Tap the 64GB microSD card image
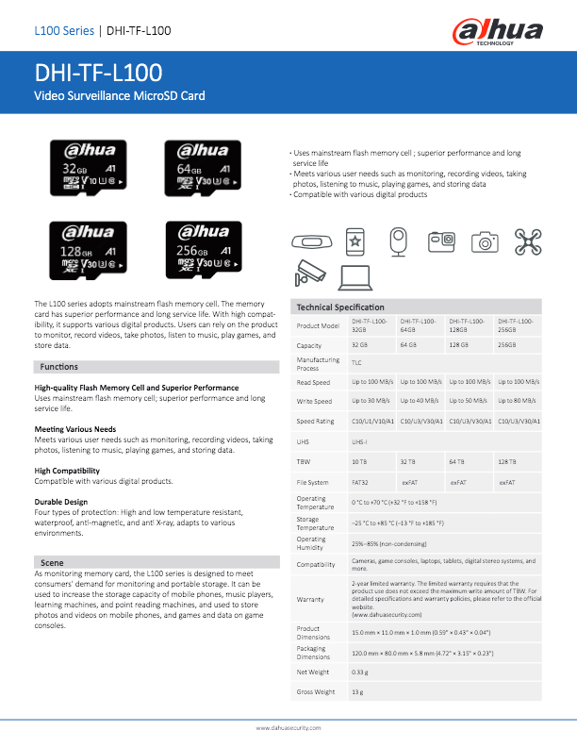point(197,167)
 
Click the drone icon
point(528,241)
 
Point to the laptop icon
point(354,274)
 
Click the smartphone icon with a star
point(354,241)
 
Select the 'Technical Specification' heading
point(340,307)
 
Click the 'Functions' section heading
point(58,366)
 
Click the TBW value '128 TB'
point(506,462)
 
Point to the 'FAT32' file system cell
point(360,482)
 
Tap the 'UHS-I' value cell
point(360,441)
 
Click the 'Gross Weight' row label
point(316,692)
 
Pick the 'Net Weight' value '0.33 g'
point(359,672)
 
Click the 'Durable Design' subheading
point(61,502)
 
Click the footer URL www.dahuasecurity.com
point(288,728)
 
